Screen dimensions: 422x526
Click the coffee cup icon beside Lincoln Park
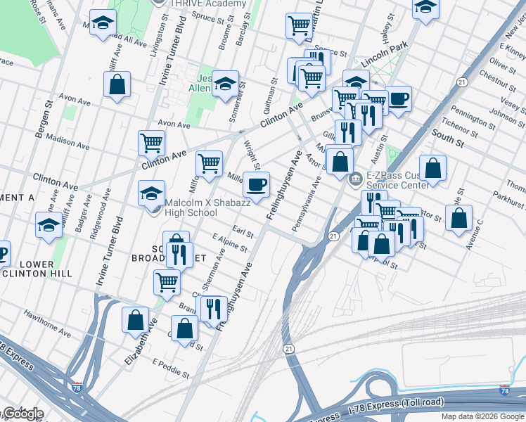pyautogui.click(x=398, y=98)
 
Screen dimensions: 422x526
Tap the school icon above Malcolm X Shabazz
pyautogui.click(x=152, y=193)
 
